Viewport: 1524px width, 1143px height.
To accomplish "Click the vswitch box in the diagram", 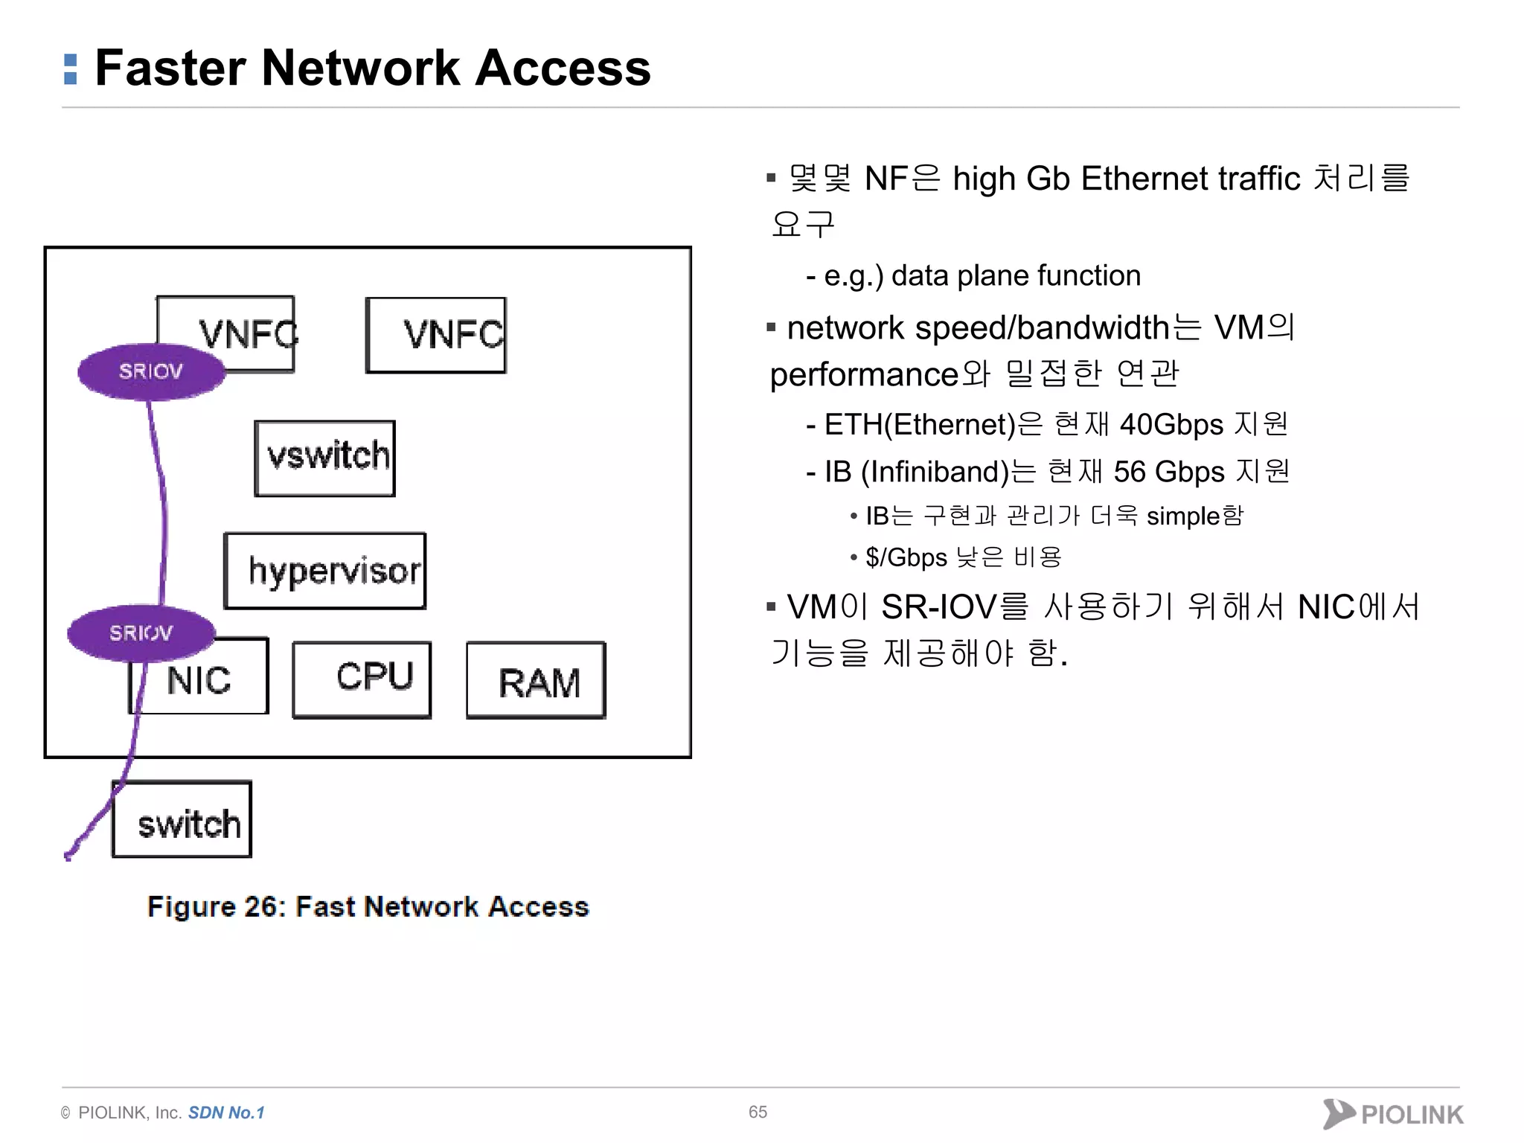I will click(325, 458).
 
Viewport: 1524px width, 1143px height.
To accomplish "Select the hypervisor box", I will click(325, 571).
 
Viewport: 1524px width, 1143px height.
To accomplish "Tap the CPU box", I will click(362, 679).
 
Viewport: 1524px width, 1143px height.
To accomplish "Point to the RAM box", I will click(537, 680).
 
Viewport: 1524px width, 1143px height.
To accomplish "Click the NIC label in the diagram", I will click(199, 680).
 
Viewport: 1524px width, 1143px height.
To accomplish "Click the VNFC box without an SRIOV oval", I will click(437, 335).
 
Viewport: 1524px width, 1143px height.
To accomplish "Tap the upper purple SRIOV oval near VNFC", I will click(151, 371).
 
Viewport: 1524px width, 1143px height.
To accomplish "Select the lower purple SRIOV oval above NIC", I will click(141, 633).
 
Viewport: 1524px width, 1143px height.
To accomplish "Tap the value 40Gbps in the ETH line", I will click(1171, 424).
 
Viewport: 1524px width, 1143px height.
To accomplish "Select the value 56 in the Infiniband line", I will click(1130, 472).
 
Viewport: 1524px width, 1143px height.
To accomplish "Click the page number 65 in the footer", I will click(758, 1112).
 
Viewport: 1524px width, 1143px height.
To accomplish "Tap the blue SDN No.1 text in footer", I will click(226, 1112).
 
